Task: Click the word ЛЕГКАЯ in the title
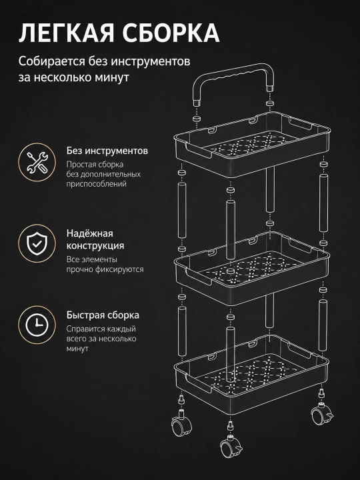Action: click(x=67, y=33)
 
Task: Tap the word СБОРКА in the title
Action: click(x=171, y=33)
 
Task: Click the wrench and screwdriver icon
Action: click(x=37, y=162)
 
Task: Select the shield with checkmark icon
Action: click(x=37, y=243)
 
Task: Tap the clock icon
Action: click(x=37, y=325)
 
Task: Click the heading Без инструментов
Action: click(x=107, y=151)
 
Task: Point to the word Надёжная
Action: click(x=90, y=233)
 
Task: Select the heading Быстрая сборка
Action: click(x=103, y=315)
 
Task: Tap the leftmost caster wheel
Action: click(x=181, y=424)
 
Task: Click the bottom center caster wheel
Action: click(x=231, y=446)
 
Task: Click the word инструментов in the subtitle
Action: click(x=150, y=61)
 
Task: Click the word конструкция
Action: click(x=95, y=246)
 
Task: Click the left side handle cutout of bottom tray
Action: click(x=198, y=383)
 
